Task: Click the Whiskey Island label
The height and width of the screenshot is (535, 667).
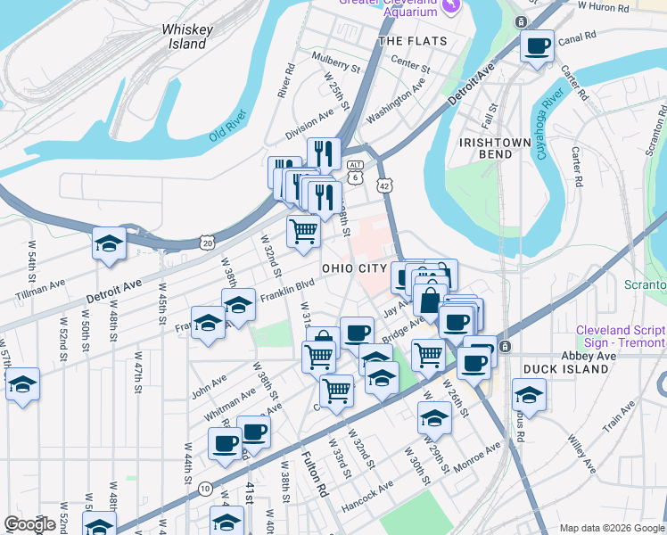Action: pyautogui.click(x=187, y=37)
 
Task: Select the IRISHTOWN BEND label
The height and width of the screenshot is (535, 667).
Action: pyautogui.click(x=486, y=148)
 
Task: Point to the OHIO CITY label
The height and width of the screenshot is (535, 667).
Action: pyautogui.click(x=355, y=268)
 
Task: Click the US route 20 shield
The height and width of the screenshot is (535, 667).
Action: pyautogui.click(x=208, y=242)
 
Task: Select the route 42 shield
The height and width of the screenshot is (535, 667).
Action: pyautogui.click(x=383, y=185)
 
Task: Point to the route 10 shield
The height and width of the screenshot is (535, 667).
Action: pyautogui.click(x=205, y=488)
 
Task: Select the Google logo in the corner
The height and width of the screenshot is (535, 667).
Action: pyautogui.click(x=29, y=524)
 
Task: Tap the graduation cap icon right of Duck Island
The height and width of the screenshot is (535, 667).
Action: pyautogui.click(x=529, y=395)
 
